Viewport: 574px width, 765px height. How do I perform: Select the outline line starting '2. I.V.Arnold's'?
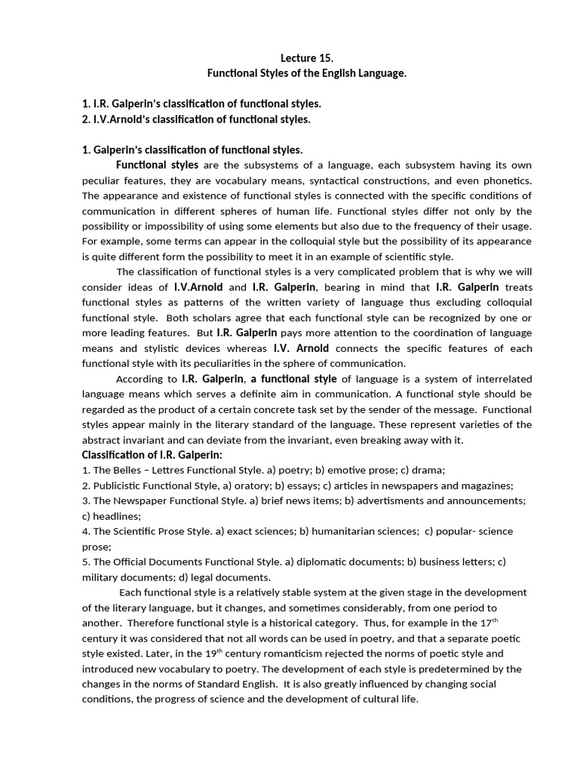(196, 119)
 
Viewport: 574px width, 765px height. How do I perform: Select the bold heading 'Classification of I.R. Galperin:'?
(152, 456)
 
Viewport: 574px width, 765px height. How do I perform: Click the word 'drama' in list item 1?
(429, 470)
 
